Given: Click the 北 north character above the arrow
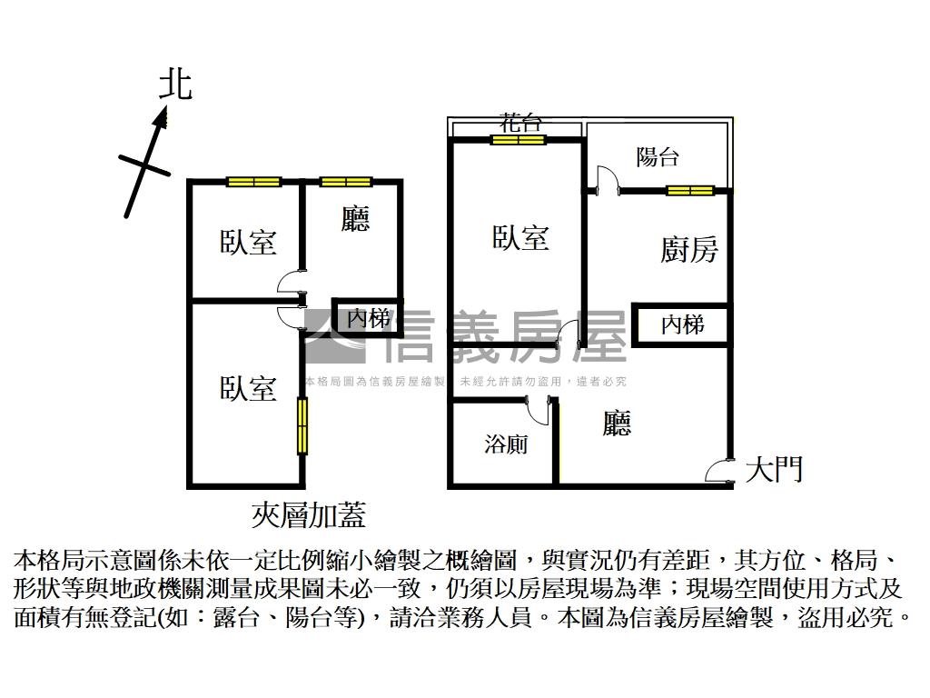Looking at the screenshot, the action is tap(175, 85).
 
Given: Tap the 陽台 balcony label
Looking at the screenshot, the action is tap(657, 156).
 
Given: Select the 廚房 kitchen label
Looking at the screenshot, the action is tap(688, 249).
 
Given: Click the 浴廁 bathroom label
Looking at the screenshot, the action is tap(506, 444).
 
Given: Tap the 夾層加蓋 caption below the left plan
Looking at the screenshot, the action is tap(308, 516).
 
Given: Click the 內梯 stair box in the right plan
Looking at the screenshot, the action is tap(682, 324).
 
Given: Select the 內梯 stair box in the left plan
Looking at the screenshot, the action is tap(367, 319).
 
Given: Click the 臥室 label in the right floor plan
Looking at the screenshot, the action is tap(520, 238).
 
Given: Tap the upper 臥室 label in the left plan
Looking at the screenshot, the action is tap(248, 242).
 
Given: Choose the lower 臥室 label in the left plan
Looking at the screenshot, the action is tap(248, 388).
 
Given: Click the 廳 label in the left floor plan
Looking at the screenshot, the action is tap(355, 219).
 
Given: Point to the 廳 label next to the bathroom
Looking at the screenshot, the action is tap(617, 423).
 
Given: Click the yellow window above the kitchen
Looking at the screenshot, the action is tap(690, 190).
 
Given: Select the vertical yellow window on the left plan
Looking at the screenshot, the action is tap(302, 425).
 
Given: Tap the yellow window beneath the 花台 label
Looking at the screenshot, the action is tap(519, 140).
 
